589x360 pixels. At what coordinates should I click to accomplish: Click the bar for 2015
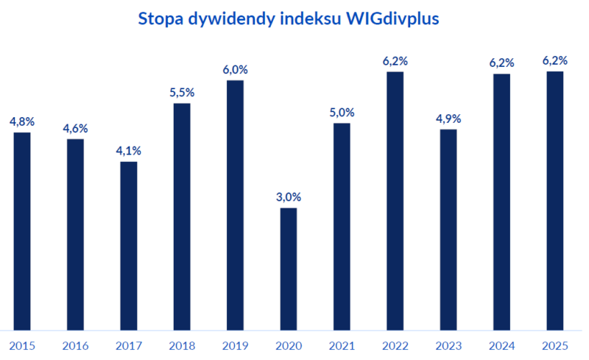click(x=22, y=231)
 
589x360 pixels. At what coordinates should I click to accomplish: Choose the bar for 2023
click(x=448, y=230)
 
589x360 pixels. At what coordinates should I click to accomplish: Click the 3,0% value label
click(x=288, y=197)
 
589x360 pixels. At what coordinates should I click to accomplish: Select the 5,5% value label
click(x=182, y=93)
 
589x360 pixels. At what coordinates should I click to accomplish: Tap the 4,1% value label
click(x=128, y=151)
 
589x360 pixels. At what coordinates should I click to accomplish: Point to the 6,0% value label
click(x=235, y=70)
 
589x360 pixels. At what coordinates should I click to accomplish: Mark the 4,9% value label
click(x=448, y=119)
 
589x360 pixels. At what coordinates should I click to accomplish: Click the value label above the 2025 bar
click(x=554, y=61)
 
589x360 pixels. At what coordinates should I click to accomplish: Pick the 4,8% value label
click(x=22, y=121)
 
